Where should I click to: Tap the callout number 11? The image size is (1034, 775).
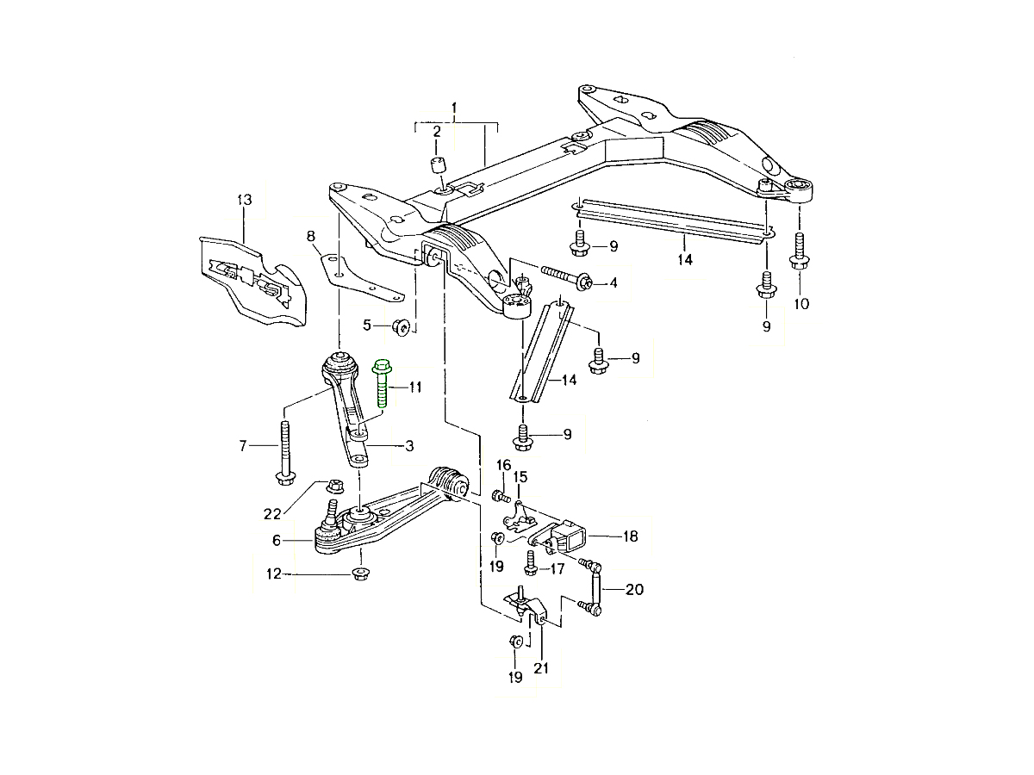click(415, 388)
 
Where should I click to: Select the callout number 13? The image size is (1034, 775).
click(244, 200)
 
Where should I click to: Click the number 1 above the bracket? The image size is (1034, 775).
click(455, 109)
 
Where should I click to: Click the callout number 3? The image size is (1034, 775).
click(409, 446)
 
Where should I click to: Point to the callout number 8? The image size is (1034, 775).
click(310, 235)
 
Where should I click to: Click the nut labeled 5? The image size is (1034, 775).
click(401, 326)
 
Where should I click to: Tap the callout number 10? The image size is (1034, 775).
click(801, 303)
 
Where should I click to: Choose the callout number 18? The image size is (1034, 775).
click(631, 536)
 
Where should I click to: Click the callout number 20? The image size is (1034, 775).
click(634, 590)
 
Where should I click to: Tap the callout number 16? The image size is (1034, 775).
click(503, 466)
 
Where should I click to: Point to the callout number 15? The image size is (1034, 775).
click(520, 476)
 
